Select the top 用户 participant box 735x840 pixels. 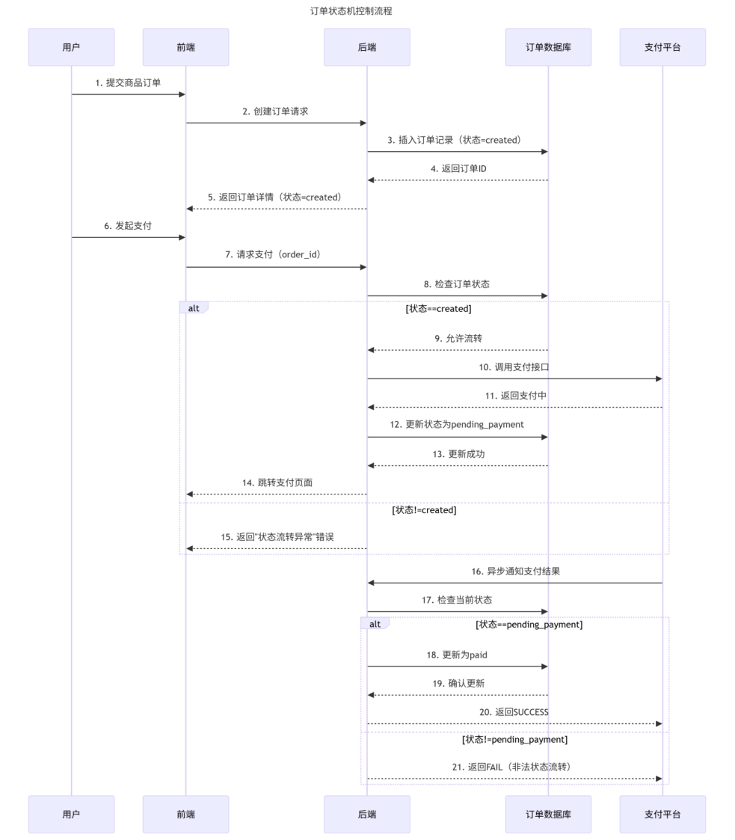point(71,47)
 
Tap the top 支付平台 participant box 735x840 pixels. point(662,47)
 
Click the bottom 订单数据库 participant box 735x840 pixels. point(548,814)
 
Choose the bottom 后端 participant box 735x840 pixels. point(366,814)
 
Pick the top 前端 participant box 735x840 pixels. point(185,47)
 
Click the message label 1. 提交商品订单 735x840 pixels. point(128,83)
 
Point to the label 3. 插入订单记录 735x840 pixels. point(454,140)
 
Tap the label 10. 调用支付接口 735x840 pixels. point(514,367)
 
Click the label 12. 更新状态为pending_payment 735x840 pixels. point(457,424)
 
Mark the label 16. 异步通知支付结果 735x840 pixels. point(515,571)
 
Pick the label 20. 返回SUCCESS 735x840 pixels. point(514,712)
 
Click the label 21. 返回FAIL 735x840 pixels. point(514,767)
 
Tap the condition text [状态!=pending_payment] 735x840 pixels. point(514,740)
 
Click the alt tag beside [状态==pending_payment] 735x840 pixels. point(375,623)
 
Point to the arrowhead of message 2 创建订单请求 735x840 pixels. point(363,123)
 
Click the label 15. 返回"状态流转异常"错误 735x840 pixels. point(276,538)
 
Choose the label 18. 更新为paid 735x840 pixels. point(457,654)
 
